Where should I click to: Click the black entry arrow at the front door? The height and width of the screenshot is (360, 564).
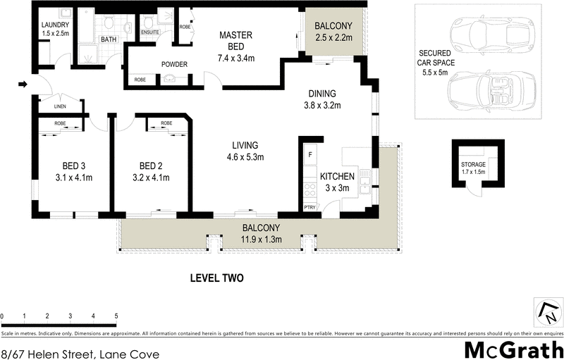coord(22,85)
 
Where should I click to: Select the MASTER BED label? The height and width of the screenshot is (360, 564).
coord(235,41)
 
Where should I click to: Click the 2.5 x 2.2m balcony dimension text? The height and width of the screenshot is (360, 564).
coord(333,38)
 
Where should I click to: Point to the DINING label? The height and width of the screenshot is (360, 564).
coord(321,94)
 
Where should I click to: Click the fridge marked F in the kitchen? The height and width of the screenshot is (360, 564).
coord(309,154)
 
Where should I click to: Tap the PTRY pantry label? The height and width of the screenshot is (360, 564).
coord(309,207)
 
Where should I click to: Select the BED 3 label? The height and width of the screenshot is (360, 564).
coord(73,166)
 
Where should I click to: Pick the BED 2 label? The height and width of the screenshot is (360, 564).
coord(151,166)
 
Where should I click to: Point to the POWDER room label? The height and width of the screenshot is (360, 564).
coord(174,65)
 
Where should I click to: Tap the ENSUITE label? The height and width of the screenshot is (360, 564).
coord(151,32)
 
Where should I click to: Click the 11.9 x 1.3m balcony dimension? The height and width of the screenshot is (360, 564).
coord(262,240)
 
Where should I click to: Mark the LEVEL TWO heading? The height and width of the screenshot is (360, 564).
coord(216,278)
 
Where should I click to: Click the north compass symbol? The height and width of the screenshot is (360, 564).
coord(546,311)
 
